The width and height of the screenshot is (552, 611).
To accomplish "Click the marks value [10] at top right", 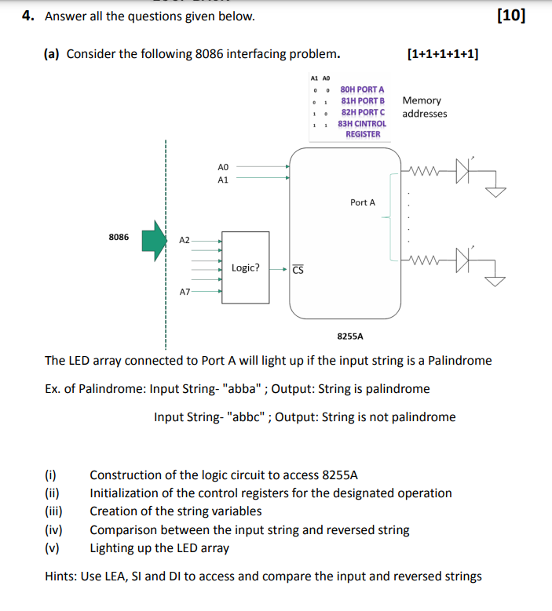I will pyautogui.click(x=512, y=16).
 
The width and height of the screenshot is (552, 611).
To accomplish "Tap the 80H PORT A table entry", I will pyautogui.click(x=362, y=90).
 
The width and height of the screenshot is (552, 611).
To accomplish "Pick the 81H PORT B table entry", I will pyautogui.click(x=362, y=101).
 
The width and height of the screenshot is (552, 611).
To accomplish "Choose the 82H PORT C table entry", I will pyautogui.click(x=362, y=112).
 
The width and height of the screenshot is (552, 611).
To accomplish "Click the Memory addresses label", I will pyautogui.click(x=424, y=107).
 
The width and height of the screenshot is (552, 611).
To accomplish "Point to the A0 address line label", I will pyautogui.click(x=222, y=167).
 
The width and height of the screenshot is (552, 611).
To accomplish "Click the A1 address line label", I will pyautogui.click(x=222, y=180).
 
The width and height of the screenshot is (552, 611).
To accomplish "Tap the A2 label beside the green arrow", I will pyautogui.click(x=185, y=240).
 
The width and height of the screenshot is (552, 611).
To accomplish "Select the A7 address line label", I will pyautogui.click(x=185, y=292).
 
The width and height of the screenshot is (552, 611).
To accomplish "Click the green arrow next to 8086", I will pyautogui.click(x=155, y=239).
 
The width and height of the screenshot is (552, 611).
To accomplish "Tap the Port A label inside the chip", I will pyautogui.click(x=363, y=202).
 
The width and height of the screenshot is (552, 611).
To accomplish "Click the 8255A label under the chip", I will pyautogui.click(x=349, y=335).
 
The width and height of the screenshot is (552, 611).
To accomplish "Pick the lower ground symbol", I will pyautogui.click(x=496, y=280).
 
